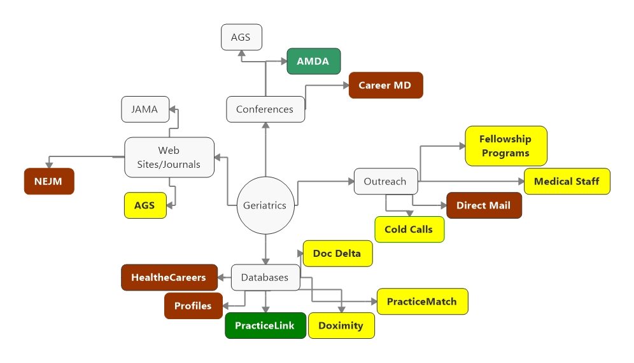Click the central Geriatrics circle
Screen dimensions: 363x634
[x=265, y=205]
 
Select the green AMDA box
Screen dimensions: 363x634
[x=313, y=62]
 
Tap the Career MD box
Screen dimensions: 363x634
[x=386, y=85]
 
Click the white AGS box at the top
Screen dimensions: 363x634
[x=241, y=37]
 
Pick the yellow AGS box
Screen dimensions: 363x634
[x=145, y=205]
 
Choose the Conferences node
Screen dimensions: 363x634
[x=265, y=109]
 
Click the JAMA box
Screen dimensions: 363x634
[x=145, y=109]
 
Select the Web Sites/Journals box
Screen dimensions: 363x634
[x=169, y=157]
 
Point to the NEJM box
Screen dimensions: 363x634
[x=49, y=181]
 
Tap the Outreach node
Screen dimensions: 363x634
[x=385, y=181]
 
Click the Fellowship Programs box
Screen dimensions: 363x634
[x=505, y=146]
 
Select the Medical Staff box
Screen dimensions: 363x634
[x=567, y=181]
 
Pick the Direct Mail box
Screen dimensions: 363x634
[x=484, y=205]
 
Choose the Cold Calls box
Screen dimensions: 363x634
[x=409, y=229]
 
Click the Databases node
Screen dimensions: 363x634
[x=265, y=277]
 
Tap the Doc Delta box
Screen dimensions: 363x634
[x=337, y=253]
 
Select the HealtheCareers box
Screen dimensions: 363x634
[x=169, y=277]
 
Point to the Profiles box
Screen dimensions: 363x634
[x=194, y=306]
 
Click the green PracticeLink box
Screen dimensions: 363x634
[x=265, y=325]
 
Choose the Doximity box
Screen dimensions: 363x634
[x=341, y=325]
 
